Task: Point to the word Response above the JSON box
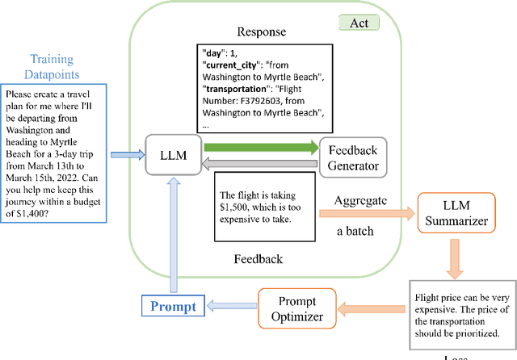coord(263,32)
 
